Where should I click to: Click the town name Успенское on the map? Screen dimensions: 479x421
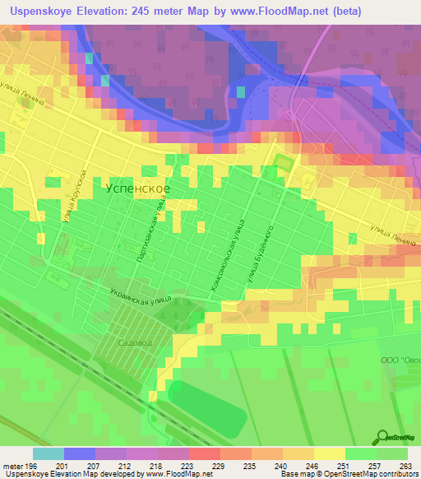point(139,188)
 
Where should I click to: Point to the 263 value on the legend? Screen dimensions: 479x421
point(405,466)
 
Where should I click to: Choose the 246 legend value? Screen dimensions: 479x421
point(312,466)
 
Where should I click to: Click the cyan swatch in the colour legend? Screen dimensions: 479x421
point(48,453)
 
